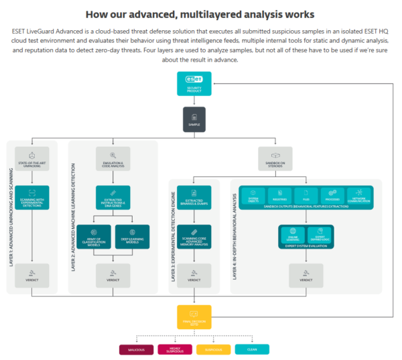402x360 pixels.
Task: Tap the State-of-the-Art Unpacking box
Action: (31, 158)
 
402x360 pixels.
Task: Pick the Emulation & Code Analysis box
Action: (113, 158)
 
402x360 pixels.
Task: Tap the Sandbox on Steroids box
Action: (276, 158)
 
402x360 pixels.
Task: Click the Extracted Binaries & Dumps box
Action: (194, 198)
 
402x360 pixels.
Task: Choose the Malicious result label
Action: (136, 349)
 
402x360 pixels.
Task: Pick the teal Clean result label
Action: (252, 349)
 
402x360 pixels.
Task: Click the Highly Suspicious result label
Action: (174, 349)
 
